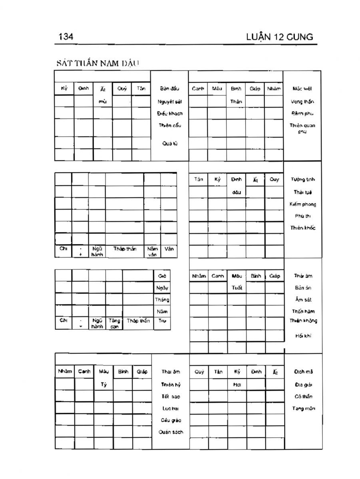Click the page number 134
tap(66, 37)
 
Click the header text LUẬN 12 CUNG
tap(280, 38)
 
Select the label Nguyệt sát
tap(170, 101)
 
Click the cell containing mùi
tap(103, 101)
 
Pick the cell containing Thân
tap(236, 101)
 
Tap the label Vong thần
tap(302, 101)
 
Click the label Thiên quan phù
tap(302, 128)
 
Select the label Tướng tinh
tap(302, 180)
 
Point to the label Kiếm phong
tap(303, 204)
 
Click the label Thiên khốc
tap(303, 228)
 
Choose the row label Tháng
tap(162, 299)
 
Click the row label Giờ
tap(162, 276)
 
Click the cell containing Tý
tap(103, 384)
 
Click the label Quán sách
tap(171, 432)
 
